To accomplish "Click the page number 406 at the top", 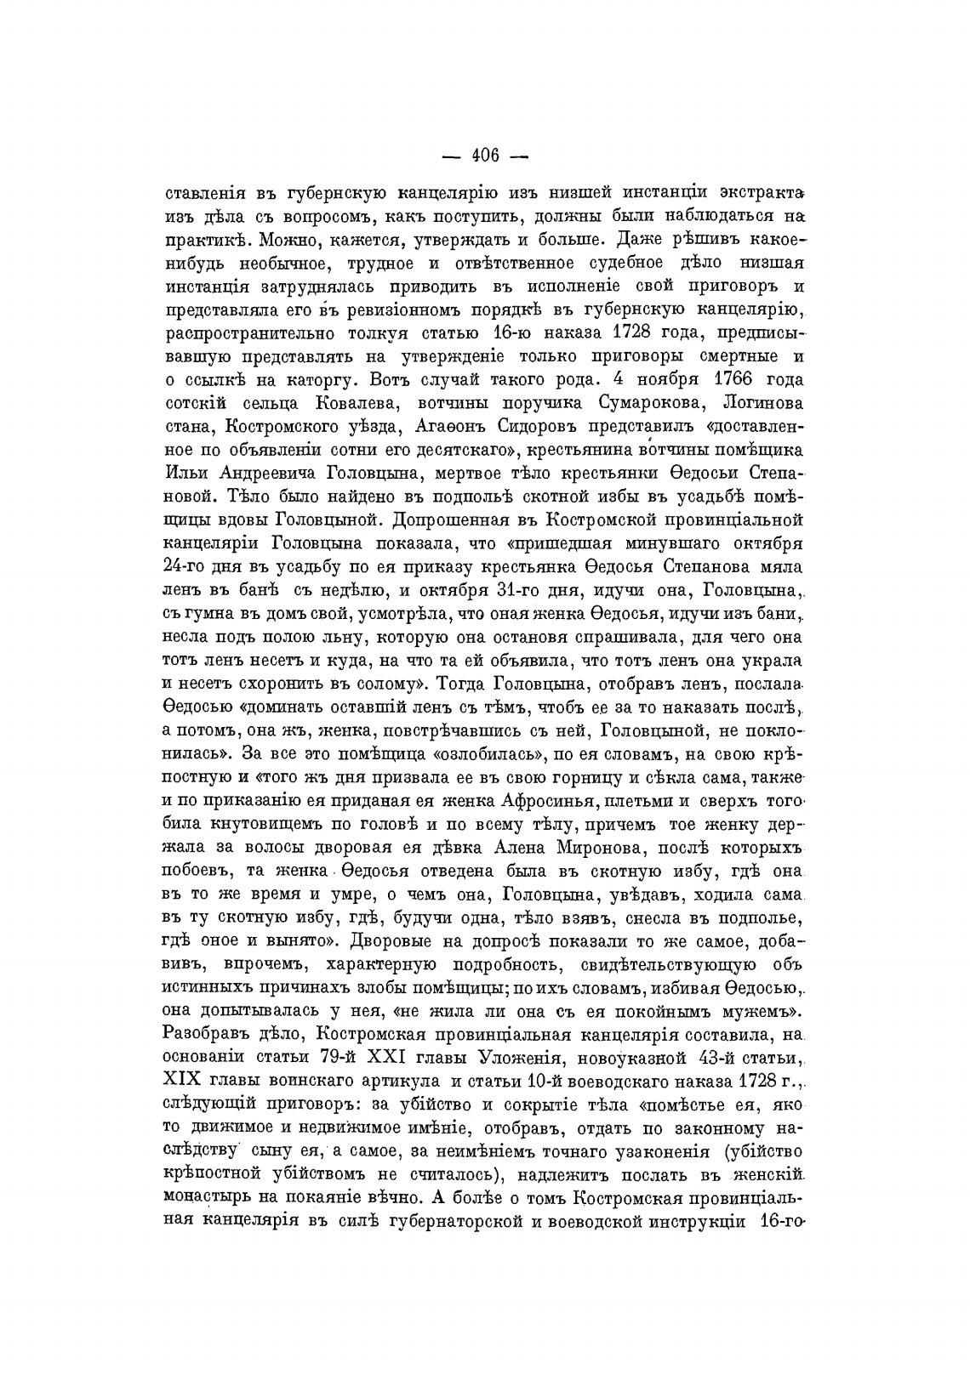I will (x=484, y=156).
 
